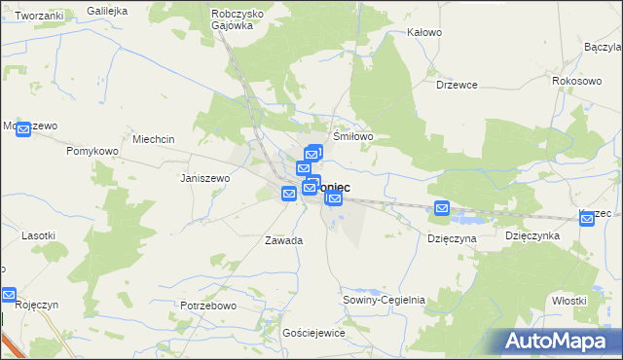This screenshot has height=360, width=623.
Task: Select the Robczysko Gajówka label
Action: pos(233,19)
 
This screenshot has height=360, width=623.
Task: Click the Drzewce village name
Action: pos(457,85)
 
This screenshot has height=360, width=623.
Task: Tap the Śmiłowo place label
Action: pos(353,137)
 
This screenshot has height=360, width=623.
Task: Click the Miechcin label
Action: pos(154,139)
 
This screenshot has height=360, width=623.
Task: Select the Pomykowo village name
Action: pos(92,152)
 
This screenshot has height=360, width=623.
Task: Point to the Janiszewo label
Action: pos(204,179)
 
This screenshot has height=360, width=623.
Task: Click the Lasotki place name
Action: pos(39,235)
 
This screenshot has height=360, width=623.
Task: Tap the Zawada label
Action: pos(283,239)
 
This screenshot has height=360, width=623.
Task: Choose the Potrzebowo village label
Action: pos(209,306)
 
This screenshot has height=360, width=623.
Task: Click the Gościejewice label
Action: pos(313,333)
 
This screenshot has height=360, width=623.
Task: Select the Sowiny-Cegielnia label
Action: pos(384,300)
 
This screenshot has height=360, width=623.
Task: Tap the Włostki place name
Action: pos(568,301)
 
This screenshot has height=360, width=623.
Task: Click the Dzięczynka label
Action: pos(531,235)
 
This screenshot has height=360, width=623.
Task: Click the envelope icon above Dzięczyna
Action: pos(442,207)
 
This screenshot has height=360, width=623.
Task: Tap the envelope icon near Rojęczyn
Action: pos(9,295)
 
